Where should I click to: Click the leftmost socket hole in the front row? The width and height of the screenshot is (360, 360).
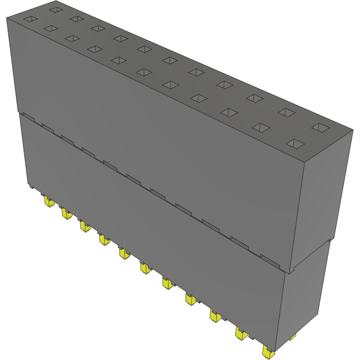pos(29,19)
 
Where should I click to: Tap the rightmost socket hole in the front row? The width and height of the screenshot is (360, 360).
pos(295,144)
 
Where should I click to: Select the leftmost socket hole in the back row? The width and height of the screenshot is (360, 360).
pos(56,9)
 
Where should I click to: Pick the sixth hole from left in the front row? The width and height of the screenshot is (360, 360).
pos(144,72)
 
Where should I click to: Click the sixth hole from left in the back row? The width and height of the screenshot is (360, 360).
pos(169,60)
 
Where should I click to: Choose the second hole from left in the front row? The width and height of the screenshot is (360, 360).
pos(50,28)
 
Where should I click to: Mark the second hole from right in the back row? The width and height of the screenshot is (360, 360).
pos(286,112)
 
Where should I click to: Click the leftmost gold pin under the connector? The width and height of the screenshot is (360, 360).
pos(48,202)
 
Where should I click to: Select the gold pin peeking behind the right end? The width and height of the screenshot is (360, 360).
pos(292,338)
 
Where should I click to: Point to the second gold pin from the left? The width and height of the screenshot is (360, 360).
pos(67,214)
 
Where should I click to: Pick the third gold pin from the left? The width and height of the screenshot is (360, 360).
pos(84,226)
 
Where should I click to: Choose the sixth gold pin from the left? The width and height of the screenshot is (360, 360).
pos(146,268)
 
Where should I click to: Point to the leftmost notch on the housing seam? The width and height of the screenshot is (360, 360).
pos(27,117)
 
